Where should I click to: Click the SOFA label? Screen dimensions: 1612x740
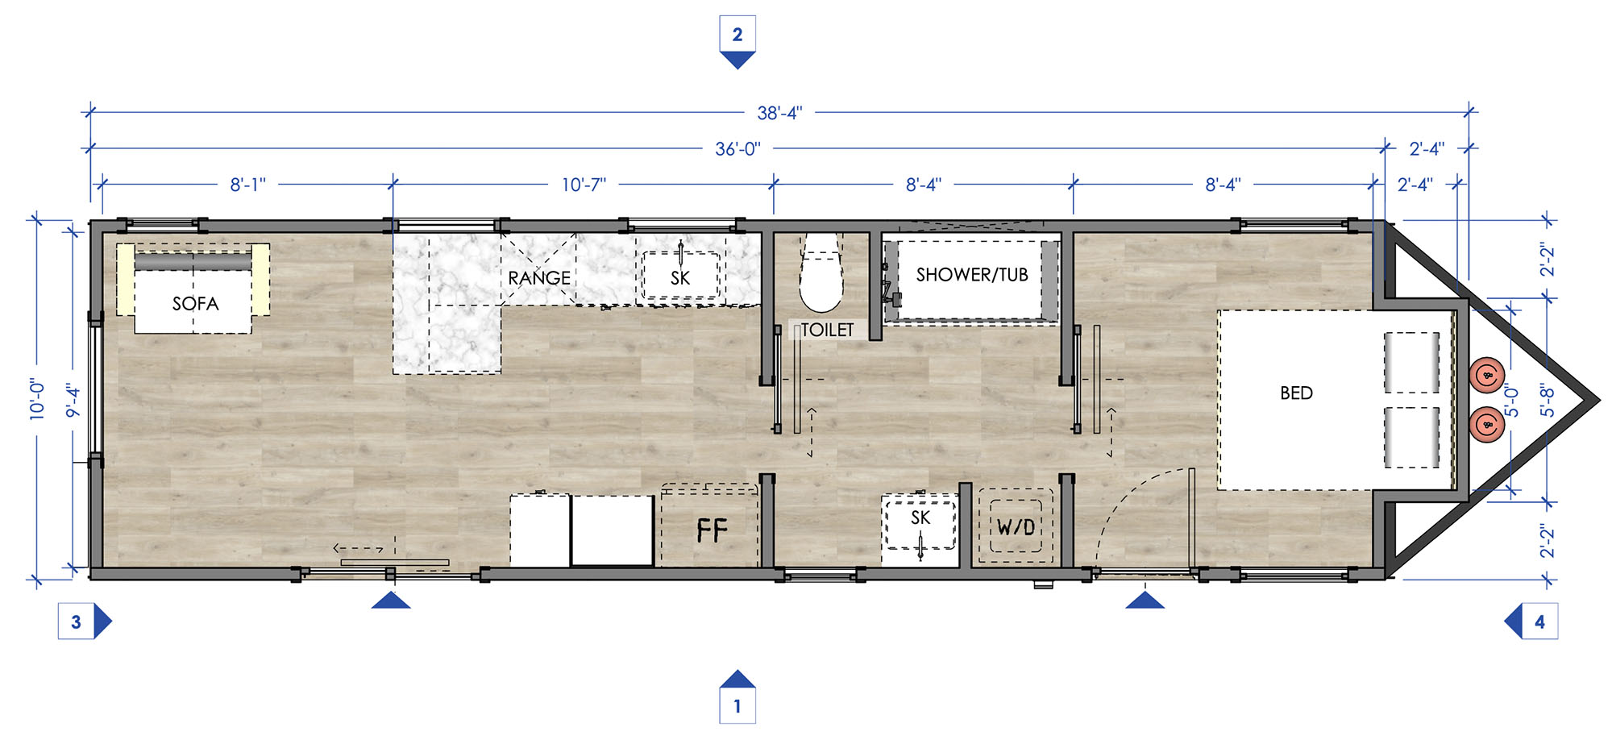click(195, 304)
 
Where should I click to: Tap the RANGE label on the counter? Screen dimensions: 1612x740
click(539, 278)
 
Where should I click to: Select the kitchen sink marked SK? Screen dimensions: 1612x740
click(681, 275)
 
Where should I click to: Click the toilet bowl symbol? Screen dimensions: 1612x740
click(821, 272)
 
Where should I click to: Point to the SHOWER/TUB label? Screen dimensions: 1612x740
click(972, 275)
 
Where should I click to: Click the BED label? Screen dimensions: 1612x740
click(1296, 393)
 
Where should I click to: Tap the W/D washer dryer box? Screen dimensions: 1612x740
click(1016, 526)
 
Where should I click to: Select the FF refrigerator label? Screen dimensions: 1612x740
click(712, 530)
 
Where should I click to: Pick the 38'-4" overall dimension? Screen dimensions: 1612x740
click(779, 113)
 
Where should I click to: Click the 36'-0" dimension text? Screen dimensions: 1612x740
click(737, 149)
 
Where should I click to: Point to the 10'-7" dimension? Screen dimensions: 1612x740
click(584, 185)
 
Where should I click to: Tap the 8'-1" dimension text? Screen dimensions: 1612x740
click(247, 185)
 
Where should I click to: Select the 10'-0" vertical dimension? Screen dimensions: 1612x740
click(37, 399)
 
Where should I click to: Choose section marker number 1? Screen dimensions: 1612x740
click(737, 696)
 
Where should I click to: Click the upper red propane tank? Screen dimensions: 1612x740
click(1487, 376)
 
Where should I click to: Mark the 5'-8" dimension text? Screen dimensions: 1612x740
click(1547, 400)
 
